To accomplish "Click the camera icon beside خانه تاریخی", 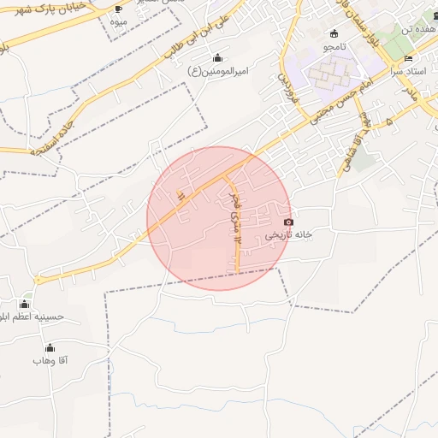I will coord(288,222).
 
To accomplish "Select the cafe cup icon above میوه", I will coord(117,9).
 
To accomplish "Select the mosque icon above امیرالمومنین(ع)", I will coord(217,58).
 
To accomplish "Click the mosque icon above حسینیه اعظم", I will coord(25,304).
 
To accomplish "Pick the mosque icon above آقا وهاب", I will coord(50,347).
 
